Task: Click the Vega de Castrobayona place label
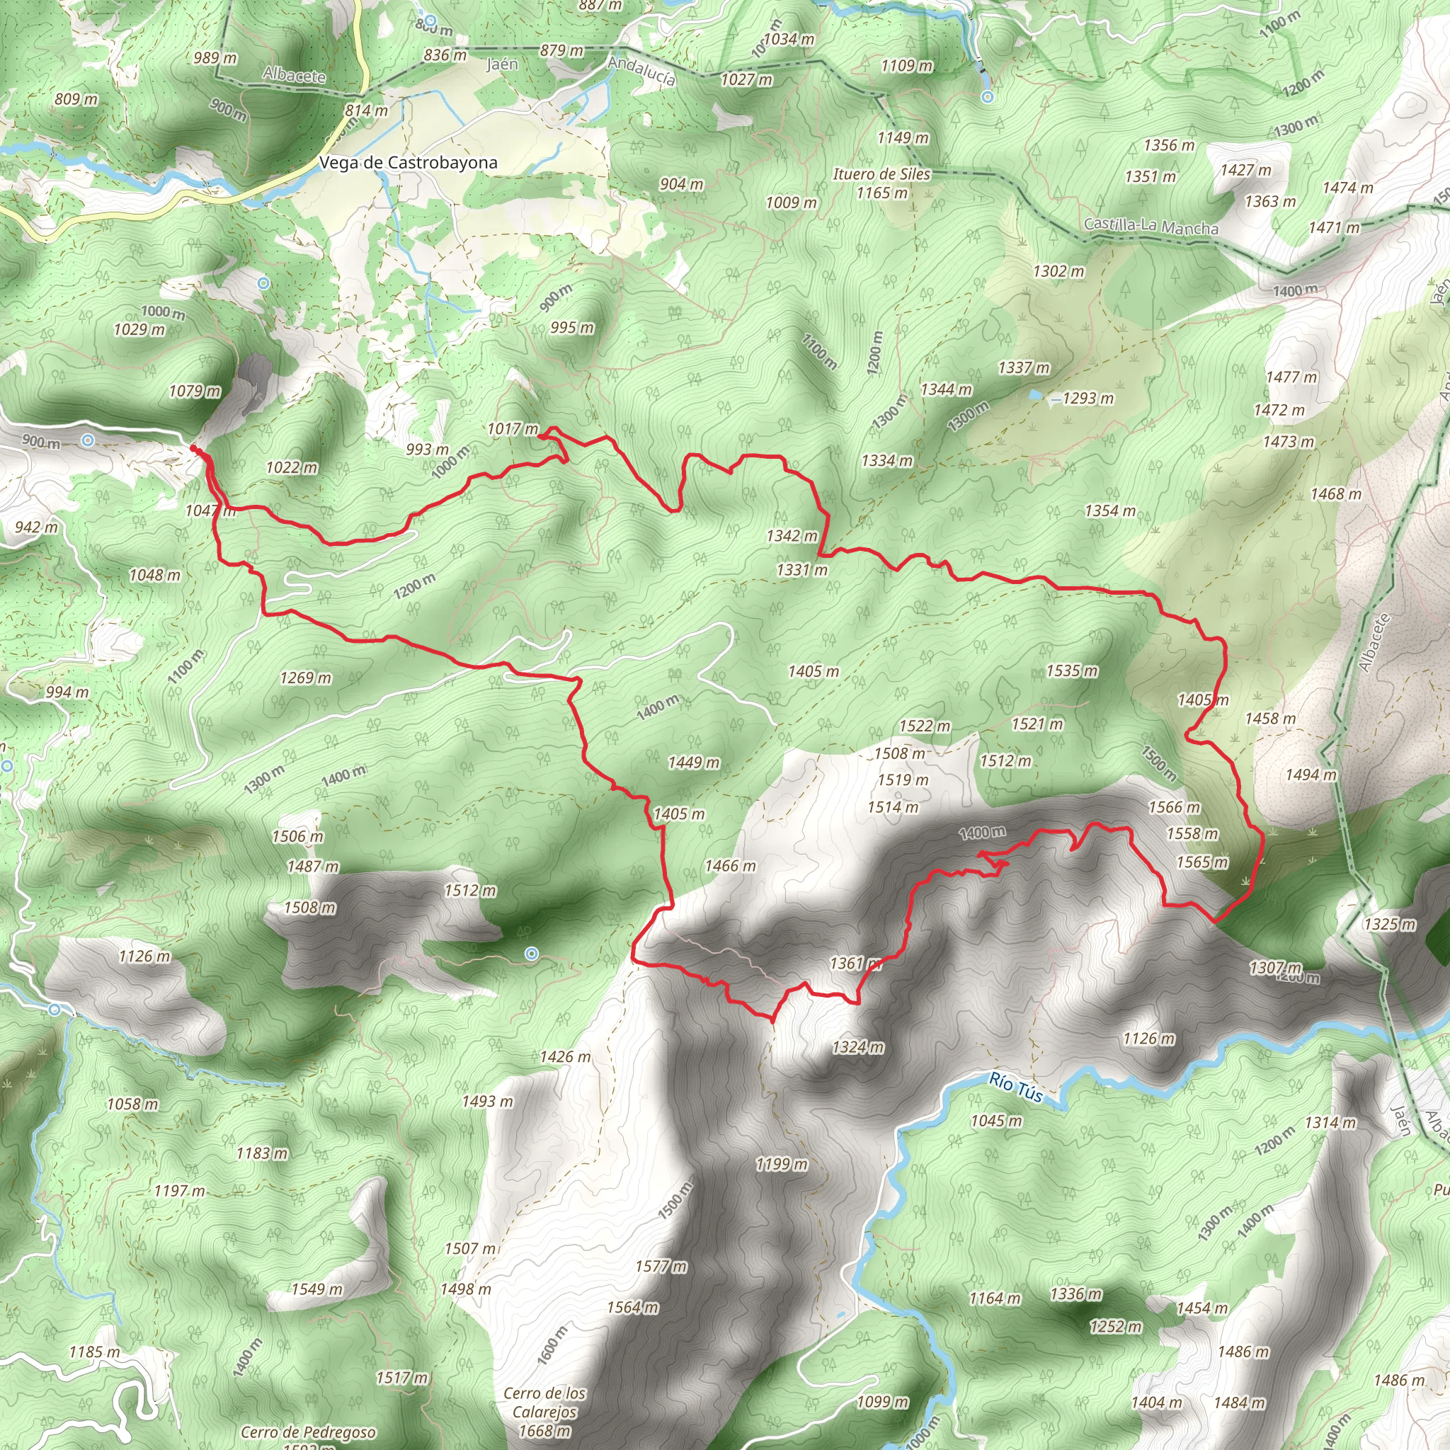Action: click(x=408, y=163)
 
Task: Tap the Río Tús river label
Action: click(x=1015, y=1087)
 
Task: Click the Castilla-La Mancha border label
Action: click(x=1151, y=226)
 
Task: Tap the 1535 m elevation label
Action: click(x=1072, y=670)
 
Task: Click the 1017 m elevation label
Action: click(x=513, y=428)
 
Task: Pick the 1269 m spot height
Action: click(x=305, y=678)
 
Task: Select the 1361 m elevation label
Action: click(x=855, y=963)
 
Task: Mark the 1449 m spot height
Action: click(x=693, y=763)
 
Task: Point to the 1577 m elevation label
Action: click(x=661, y=1266)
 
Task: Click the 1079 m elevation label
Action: click(x=195, y=391)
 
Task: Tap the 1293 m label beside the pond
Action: click(x=1088, y=398)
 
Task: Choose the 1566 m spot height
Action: click(x=1174, y=807)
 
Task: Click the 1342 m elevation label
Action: click(x=792, y=536)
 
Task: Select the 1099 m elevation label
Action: click(x=883, y=1401)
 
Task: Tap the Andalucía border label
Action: click(x=641, y=72)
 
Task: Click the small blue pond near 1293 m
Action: click(x=1036, y=394)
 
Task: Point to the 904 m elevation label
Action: click(x=682, y=184)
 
